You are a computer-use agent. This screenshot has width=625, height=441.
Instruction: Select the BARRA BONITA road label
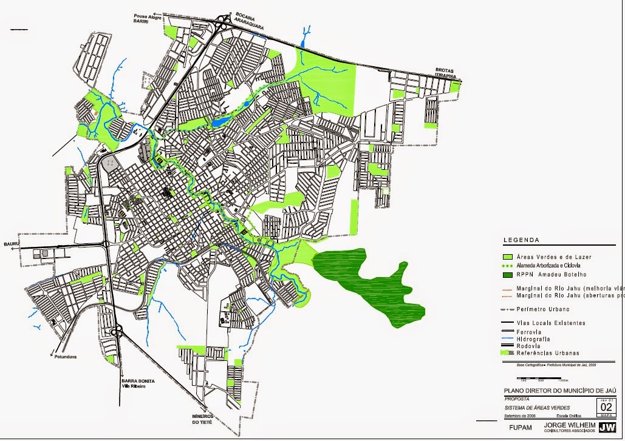point(137,381)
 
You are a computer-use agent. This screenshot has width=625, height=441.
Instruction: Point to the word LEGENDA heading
point(521,240)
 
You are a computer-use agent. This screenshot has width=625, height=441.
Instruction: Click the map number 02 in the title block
point(606,407)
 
